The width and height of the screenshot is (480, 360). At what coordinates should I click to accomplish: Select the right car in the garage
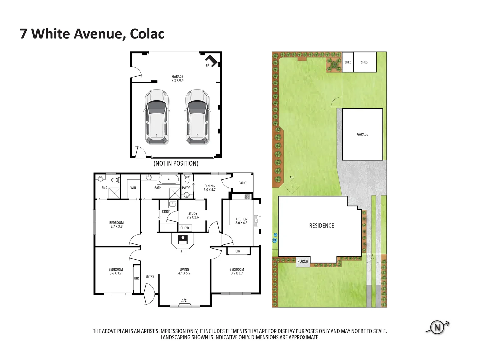[197, 117]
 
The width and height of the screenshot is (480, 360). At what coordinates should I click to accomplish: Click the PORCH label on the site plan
[303, 261]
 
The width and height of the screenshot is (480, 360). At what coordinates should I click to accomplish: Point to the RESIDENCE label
[321, 226]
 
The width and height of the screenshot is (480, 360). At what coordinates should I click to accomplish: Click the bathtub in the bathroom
[168, 179]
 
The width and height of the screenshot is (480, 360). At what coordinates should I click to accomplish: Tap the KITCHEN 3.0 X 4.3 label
[241, 221]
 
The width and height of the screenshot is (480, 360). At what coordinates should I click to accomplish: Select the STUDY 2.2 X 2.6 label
[193, 215]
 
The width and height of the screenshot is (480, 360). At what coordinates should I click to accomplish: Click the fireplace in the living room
[183, 239]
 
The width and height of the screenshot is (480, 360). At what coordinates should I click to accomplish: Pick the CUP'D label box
[185, 228]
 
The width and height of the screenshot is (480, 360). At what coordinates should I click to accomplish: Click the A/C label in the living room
[184, 301]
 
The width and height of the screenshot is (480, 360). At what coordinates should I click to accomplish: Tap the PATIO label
[242, 183]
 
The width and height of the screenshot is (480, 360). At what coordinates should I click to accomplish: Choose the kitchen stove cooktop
[247, 197]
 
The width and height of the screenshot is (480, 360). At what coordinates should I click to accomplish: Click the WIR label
[133, 188]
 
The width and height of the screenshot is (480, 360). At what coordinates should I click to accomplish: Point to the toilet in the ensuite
[115, 180]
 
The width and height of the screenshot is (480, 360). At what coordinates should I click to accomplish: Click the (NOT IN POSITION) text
[176, 163]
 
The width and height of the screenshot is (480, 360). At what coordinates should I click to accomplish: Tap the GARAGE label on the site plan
[362, 134]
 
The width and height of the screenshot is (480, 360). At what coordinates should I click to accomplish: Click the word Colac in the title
[147, 34]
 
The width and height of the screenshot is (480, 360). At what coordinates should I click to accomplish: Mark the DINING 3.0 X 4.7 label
[210, 188]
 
